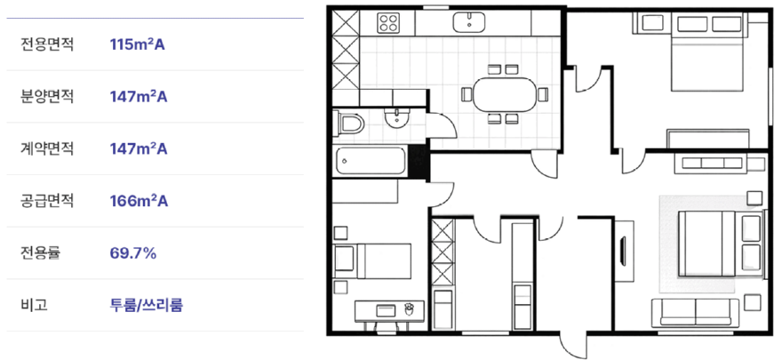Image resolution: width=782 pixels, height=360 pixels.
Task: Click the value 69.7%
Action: tap(133, 253)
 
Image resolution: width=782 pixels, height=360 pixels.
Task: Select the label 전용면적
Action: tap(47, 44)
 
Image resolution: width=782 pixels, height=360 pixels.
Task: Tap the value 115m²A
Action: tap(137, 44)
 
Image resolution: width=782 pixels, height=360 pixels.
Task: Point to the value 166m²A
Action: tap(139, 201)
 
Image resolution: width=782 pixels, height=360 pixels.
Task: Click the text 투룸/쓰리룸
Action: tap(146, 305)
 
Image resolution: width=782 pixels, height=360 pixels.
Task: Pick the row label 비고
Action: tap(34, 305)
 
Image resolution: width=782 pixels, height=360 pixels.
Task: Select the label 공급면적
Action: tap(47, 201)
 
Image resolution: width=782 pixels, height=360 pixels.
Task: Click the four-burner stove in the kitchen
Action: tap(389, 22)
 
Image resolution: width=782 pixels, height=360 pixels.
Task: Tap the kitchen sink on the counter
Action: tap(469, 22)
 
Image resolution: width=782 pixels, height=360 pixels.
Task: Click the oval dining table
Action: tap(504, 94)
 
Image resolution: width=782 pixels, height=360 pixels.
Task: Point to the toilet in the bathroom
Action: tap(350, 124)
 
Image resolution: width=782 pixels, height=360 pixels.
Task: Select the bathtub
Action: tap(371, 161)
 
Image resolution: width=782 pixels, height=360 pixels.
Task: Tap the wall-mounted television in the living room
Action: tap(623, 252)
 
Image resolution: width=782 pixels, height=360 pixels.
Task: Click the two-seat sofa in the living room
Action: tap(696, 312)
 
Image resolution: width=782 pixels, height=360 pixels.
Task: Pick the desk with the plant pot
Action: tap(389, 310)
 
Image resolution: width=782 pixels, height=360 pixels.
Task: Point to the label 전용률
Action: tap(40, 253)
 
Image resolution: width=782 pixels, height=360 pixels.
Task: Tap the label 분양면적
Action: tap(47, 97)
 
